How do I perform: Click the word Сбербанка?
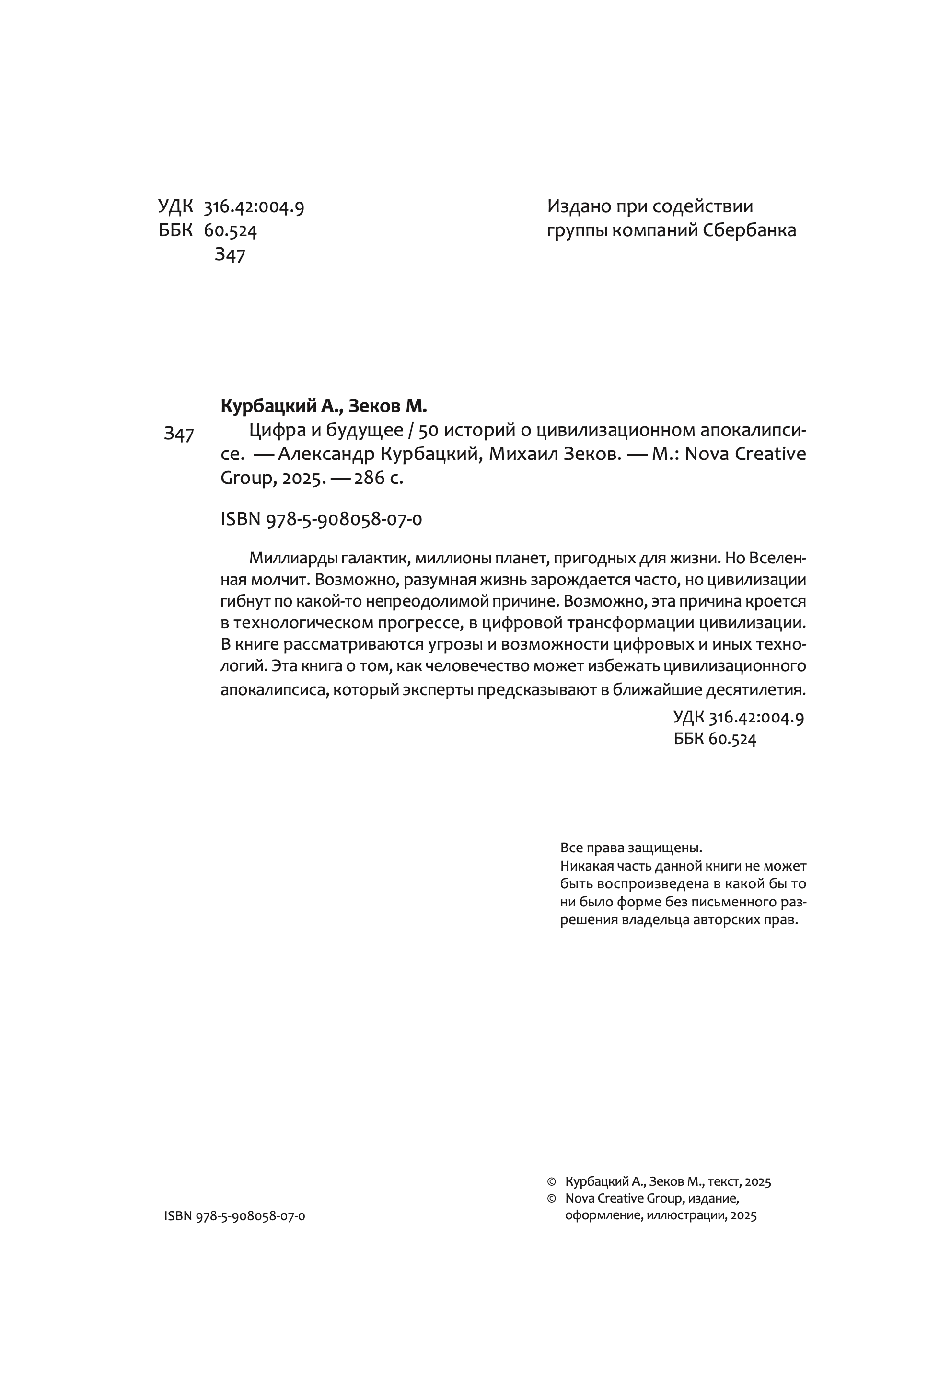[x=749, y=231]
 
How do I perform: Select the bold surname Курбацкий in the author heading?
[x=268, y=406]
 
